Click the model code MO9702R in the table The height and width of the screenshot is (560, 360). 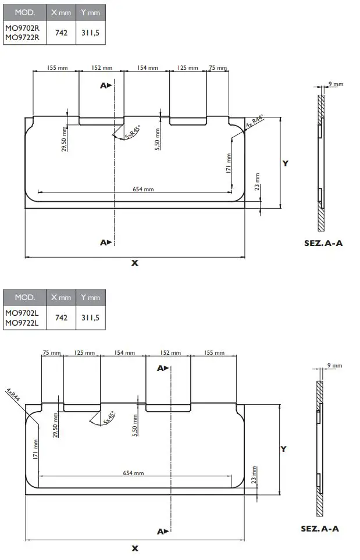[x=22, y=28]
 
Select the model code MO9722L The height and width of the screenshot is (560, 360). [x=22, y=323]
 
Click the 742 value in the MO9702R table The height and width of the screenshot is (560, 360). [x=61, y=33]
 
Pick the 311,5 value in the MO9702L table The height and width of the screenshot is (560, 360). [x=90, y=318]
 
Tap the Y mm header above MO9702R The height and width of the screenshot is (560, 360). [x=90, y=12]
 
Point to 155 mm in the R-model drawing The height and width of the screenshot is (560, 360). [x=57, y=68]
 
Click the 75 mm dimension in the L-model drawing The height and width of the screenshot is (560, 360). [x=52, y=353]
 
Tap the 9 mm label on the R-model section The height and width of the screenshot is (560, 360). [x=336, y=84]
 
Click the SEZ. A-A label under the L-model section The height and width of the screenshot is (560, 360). [x=319, y=529]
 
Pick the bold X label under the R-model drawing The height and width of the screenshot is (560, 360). [x=135, y=263]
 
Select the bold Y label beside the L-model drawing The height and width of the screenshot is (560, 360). [x=283, y=449]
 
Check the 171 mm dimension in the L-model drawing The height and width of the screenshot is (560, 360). [x=36, y=448]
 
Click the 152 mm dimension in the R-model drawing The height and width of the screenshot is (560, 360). [x=100, y=68]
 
